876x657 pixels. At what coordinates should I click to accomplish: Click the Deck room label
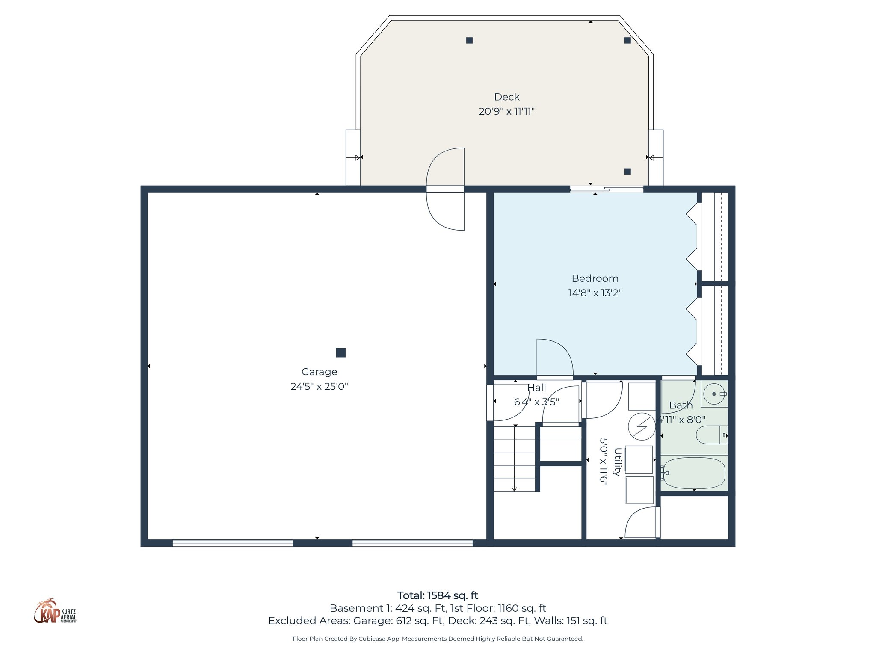click(507, 97)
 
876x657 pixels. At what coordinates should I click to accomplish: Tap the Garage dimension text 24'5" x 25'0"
click(319, 387)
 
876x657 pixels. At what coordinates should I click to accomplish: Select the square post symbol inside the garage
click(340, 352)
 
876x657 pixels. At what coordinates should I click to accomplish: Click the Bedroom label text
click(595, 278)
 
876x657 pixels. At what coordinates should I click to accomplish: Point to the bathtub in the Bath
click(694, 473)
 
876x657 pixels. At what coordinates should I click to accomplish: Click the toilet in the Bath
click(711, 435)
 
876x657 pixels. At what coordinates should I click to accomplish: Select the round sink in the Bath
click(714, 394)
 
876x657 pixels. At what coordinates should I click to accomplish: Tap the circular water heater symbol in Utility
click(641, 426)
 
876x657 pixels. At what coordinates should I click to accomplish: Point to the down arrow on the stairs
click(515, 488)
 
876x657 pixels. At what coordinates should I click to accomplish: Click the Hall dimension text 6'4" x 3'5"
click(536, 402)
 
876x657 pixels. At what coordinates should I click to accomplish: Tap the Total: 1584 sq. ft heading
click(438, 595)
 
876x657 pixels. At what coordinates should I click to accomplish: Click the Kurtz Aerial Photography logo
click(55, 612)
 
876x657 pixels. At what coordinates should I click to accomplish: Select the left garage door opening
click(233, 543)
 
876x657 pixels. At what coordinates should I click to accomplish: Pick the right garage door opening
click(412, 543)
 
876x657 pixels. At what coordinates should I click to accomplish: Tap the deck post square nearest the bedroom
click(627, 172)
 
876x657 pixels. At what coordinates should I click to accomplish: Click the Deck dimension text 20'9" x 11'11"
click(507, 112)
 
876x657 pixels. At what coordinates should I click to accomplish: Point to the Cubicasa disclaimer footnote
click(438, 639)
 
